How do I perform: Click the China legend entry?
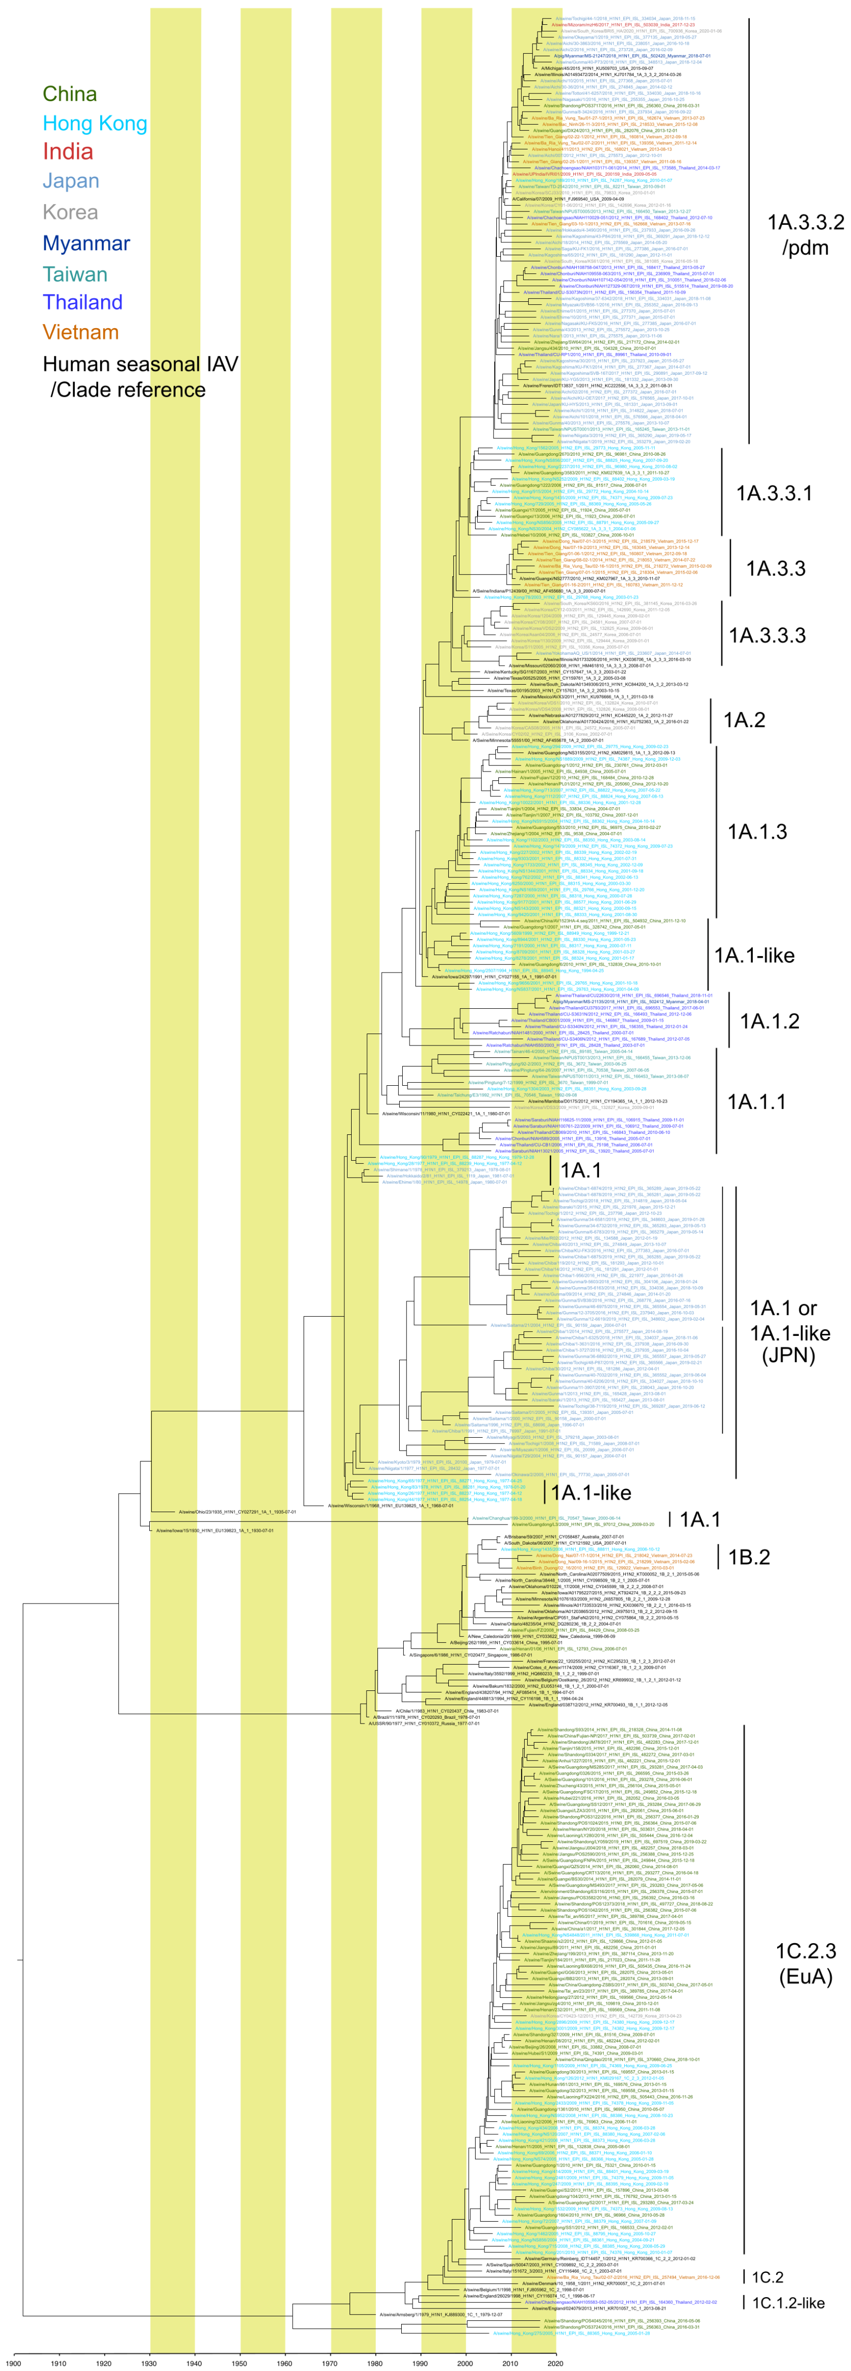(70, 94)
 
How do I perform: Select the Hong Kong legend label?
(95, 124)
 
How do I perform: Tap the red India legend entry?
(68, 152)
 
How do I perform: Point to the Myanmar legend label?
(86, 243)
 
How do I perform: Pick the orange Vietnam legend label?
(81, 332)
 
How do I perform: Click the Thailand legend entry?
(83, 302)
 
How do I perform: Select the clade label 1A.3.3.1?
(774, 494)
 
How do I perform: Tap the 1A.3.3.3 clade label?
(767, 635)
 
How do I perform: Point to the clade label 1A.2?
(744, 720)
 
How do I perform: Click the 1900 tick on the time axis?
(13, 2363)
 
